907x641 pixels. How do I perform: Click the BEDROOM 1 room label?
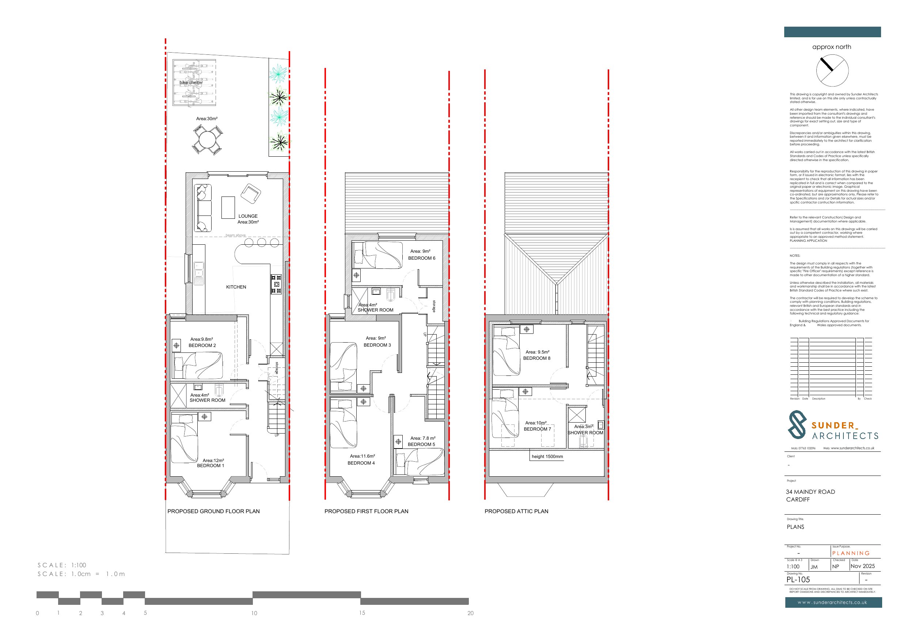(210, 466)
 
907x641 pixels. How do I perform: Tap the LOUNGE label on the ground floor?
(248, 216)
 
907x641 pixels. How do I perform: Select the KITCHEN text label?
(236, 287)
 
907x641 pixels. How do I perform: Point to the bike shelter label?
(191, 83)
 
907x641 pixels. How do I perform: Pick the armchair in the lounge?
(250, 193)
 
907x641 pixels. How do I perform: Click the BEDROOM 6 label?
(421, 258)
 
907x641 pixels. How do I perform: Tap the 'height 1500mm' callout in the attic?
(547, 457)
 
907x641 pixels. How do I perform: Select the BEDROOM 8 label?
(536, 358)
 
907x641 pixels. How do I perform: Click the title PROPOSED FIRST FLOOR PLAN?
(366, 511)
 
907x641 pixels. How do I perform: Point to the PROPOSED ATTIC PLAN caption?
(516, 511)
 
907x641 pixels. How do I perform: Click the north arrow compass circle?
(832, 71)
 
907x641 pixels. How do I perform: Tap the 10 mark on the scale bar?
(254, 613)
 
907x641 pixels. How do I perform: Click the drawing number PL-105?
(798, 580)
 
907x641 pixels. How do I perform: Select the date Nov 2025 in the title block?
(863, 566)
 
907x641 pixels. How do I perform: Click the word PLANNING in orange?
(851, 553)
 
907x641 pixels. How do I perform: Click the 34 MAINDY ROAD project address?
(810, 492)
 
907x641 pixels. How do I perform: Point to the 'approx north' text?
(832, 47)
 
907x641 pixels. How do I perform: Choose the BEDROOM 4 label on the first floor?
(361, 463)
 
